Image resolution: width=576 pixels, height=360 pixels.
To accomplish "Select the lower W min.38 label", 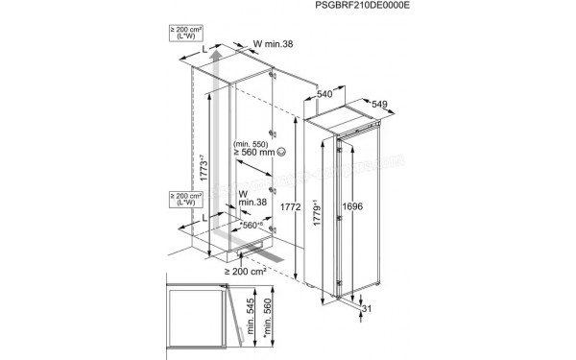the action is [252, 199].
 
